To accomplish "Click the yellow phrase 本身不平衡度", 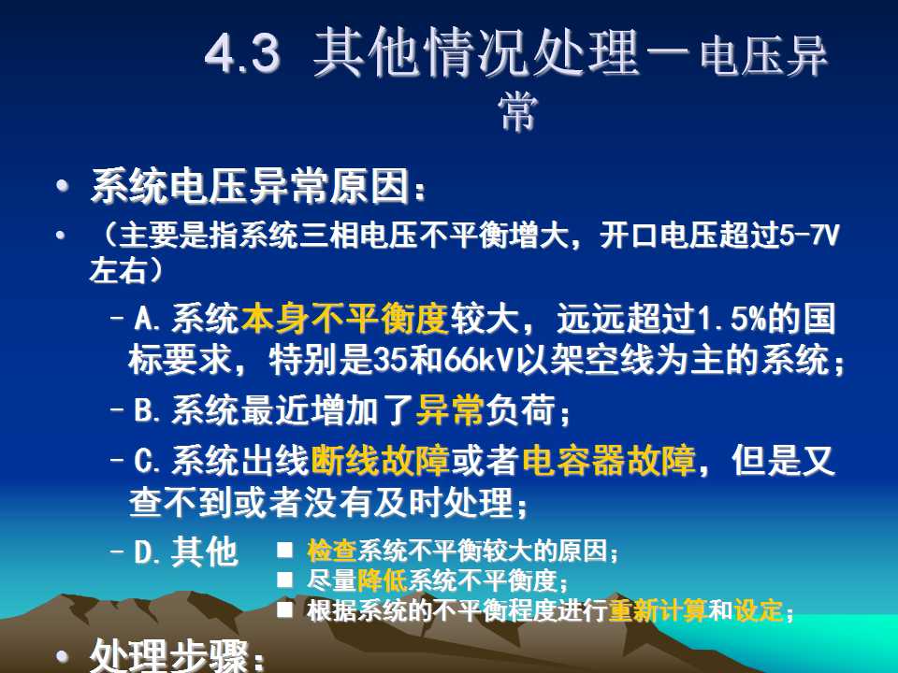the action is point(345,318).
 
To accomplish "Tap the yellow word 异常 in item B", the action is point(450,409).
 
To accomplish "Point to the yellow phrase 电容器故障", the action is point(609,460).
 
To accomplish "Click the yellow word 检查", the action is point(331,551).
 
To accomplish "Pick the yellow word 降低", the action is point(382,580).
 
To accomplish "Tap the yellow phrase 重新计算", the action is point(658,610).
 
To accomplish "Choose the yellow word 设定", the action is point(759,610).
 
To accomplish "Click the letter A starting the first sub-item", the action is point(144,319).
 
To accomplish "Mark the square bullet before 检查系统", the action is point(284,551).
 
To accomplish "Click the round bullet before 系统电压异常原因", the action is point(62,185).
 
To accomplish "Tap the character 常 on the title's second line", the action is point(518,112).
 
